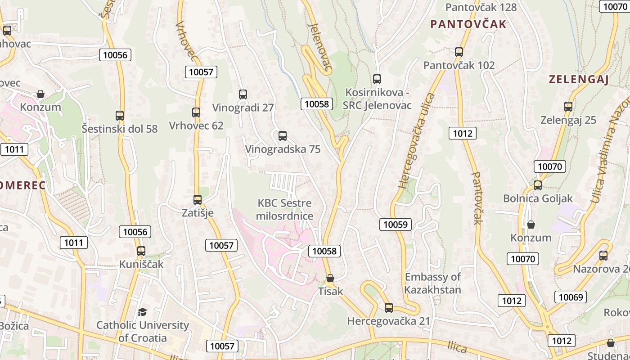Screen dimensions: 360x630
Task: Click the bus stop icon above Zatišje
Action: [x=197, y=199]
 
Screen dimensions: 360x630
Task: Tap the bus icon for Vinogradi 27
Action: [x=243, y=94]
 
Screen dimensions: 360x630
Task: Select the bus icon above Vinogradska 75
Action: [x=282, y=135]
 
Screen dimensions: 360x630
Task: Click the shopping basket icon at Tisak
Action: [x=330, y=278]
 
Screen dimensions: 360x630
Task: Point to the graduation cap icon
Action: [x=142, y=312]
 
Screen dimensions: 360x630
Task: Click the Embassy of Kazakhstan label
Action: [x=432, y=283]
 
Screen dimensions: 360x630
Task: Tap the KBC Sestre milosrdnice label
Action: [x=284, y=210]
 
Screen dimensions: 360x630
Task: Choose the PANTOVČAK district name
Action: [x=468, y=24]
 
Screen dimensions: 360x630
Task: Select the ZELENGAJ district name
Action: [x=578, y=80]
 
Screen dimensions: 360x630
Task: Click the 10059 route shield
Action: [x=396, y=224]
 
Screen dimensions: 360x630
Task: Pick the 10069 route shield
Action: [x=571, y=297]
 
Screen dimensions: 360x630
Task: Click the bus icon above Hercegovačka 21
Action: [x=388, y=307]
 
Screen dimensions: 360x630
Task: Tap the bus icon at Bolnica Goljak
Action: [x=537, y=185]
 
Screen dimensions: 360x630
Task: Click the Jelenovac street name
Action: [x=320, y=47]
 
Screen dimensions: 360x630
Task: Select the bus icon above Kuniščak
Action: [x=141, y=251]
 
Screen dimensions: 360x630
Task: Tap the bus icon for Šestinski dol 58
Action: [x=119, y=115]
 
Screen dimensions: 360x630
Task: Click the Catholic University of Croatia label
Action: [x=142, y=331]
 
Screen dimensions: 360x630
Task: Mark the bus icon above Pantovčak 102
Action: [x=459, y=52]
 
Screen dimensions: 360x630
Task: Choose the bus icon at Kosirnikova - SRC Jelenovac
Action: [x=377, y=79]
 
